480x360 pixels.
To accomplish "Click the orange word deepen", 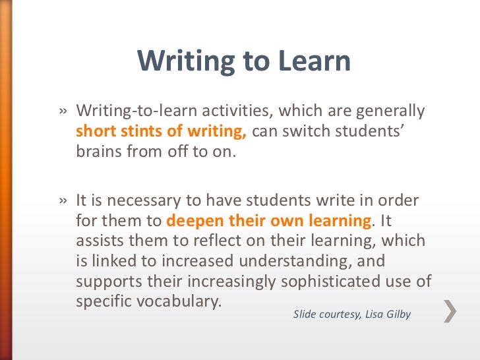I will [x=194, y=220].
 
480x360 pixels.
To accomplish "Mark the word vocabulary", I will [x=179, y=302].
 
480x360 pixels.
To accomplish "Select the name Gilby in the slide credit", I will [x=395, y=314].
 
